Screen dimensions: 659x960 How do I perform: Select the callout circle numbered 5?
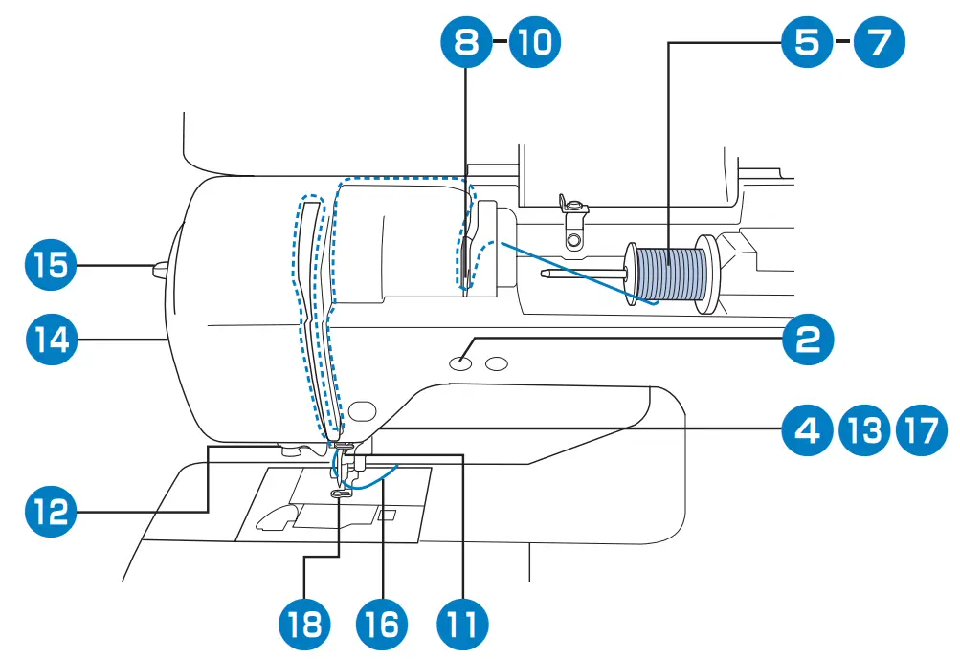[x=807, y=41]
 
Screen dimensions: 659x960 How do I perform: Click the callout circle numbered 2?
[x=807, y=338]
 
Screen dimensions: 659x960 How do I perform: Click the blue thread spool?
[x=670, y=275]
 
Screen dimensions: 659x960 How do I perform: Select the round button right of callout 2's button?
[x=496, y=363]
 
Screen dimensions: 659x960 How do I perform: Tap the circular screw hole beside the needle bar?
[x=360, y=410]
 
